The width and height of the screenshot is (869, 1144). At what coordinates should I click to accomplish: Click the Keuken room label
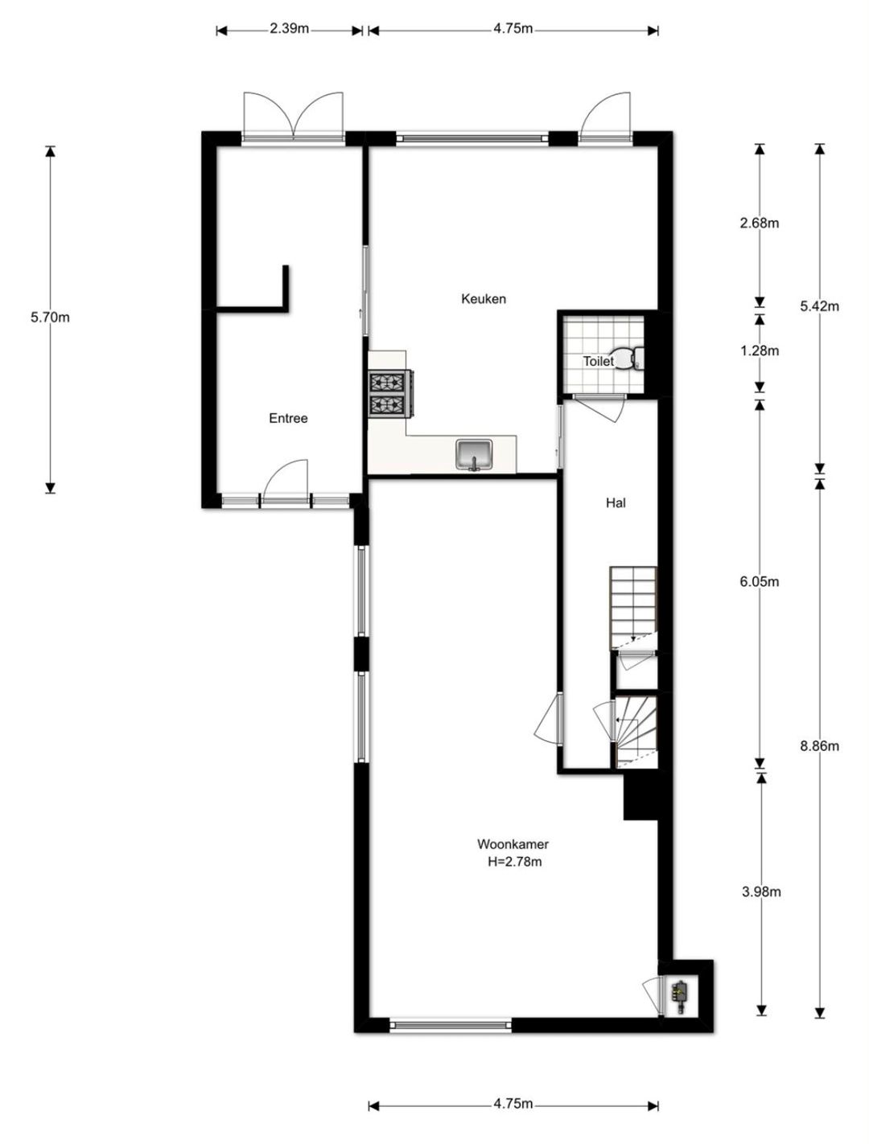tap(483, 299)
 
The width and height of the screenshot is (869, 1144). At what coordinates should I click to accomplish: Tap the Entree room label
tap(288, 418)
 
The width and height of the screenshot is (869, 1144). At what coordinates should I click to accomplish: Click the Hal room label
tap(616, 503)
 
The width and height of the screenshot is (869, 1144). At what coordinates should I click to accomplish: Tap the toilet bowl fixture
tap(628, 358)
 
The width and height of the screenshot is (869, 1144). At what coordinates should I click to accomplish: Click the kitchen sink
tap(474, 455)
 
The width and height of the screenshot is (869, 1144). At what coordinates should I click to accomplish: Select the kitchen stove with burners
tap(391, 394)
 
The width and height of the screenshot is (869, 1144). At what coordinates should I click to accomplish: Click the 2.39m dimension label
tap(289, 29)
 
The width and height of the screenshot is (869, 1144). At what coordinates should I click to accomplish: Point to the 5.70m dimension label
tap(50, 318)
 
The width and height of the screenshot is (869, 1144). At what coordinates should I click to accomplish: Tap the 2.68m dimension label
tap(759, 223)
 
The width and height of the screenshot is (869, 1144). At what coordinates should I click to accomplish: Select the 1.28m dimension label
tap(760, 351)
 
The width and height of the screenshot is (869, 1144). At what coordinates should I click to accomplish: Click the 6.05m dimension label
tap(760, 581)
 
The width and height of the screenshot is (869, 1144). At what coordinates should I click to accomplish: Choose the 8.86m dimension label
tap(819, 746)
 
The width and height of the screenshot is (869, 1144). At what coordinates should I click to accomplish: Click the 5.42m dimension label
tap(819, 306)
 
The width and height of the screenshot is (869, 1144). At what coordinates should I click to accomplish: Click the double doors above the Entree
tap(293, 117)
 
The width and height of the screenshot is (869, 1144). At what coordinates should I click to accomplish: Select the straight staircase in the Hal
tap(633, 609)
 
